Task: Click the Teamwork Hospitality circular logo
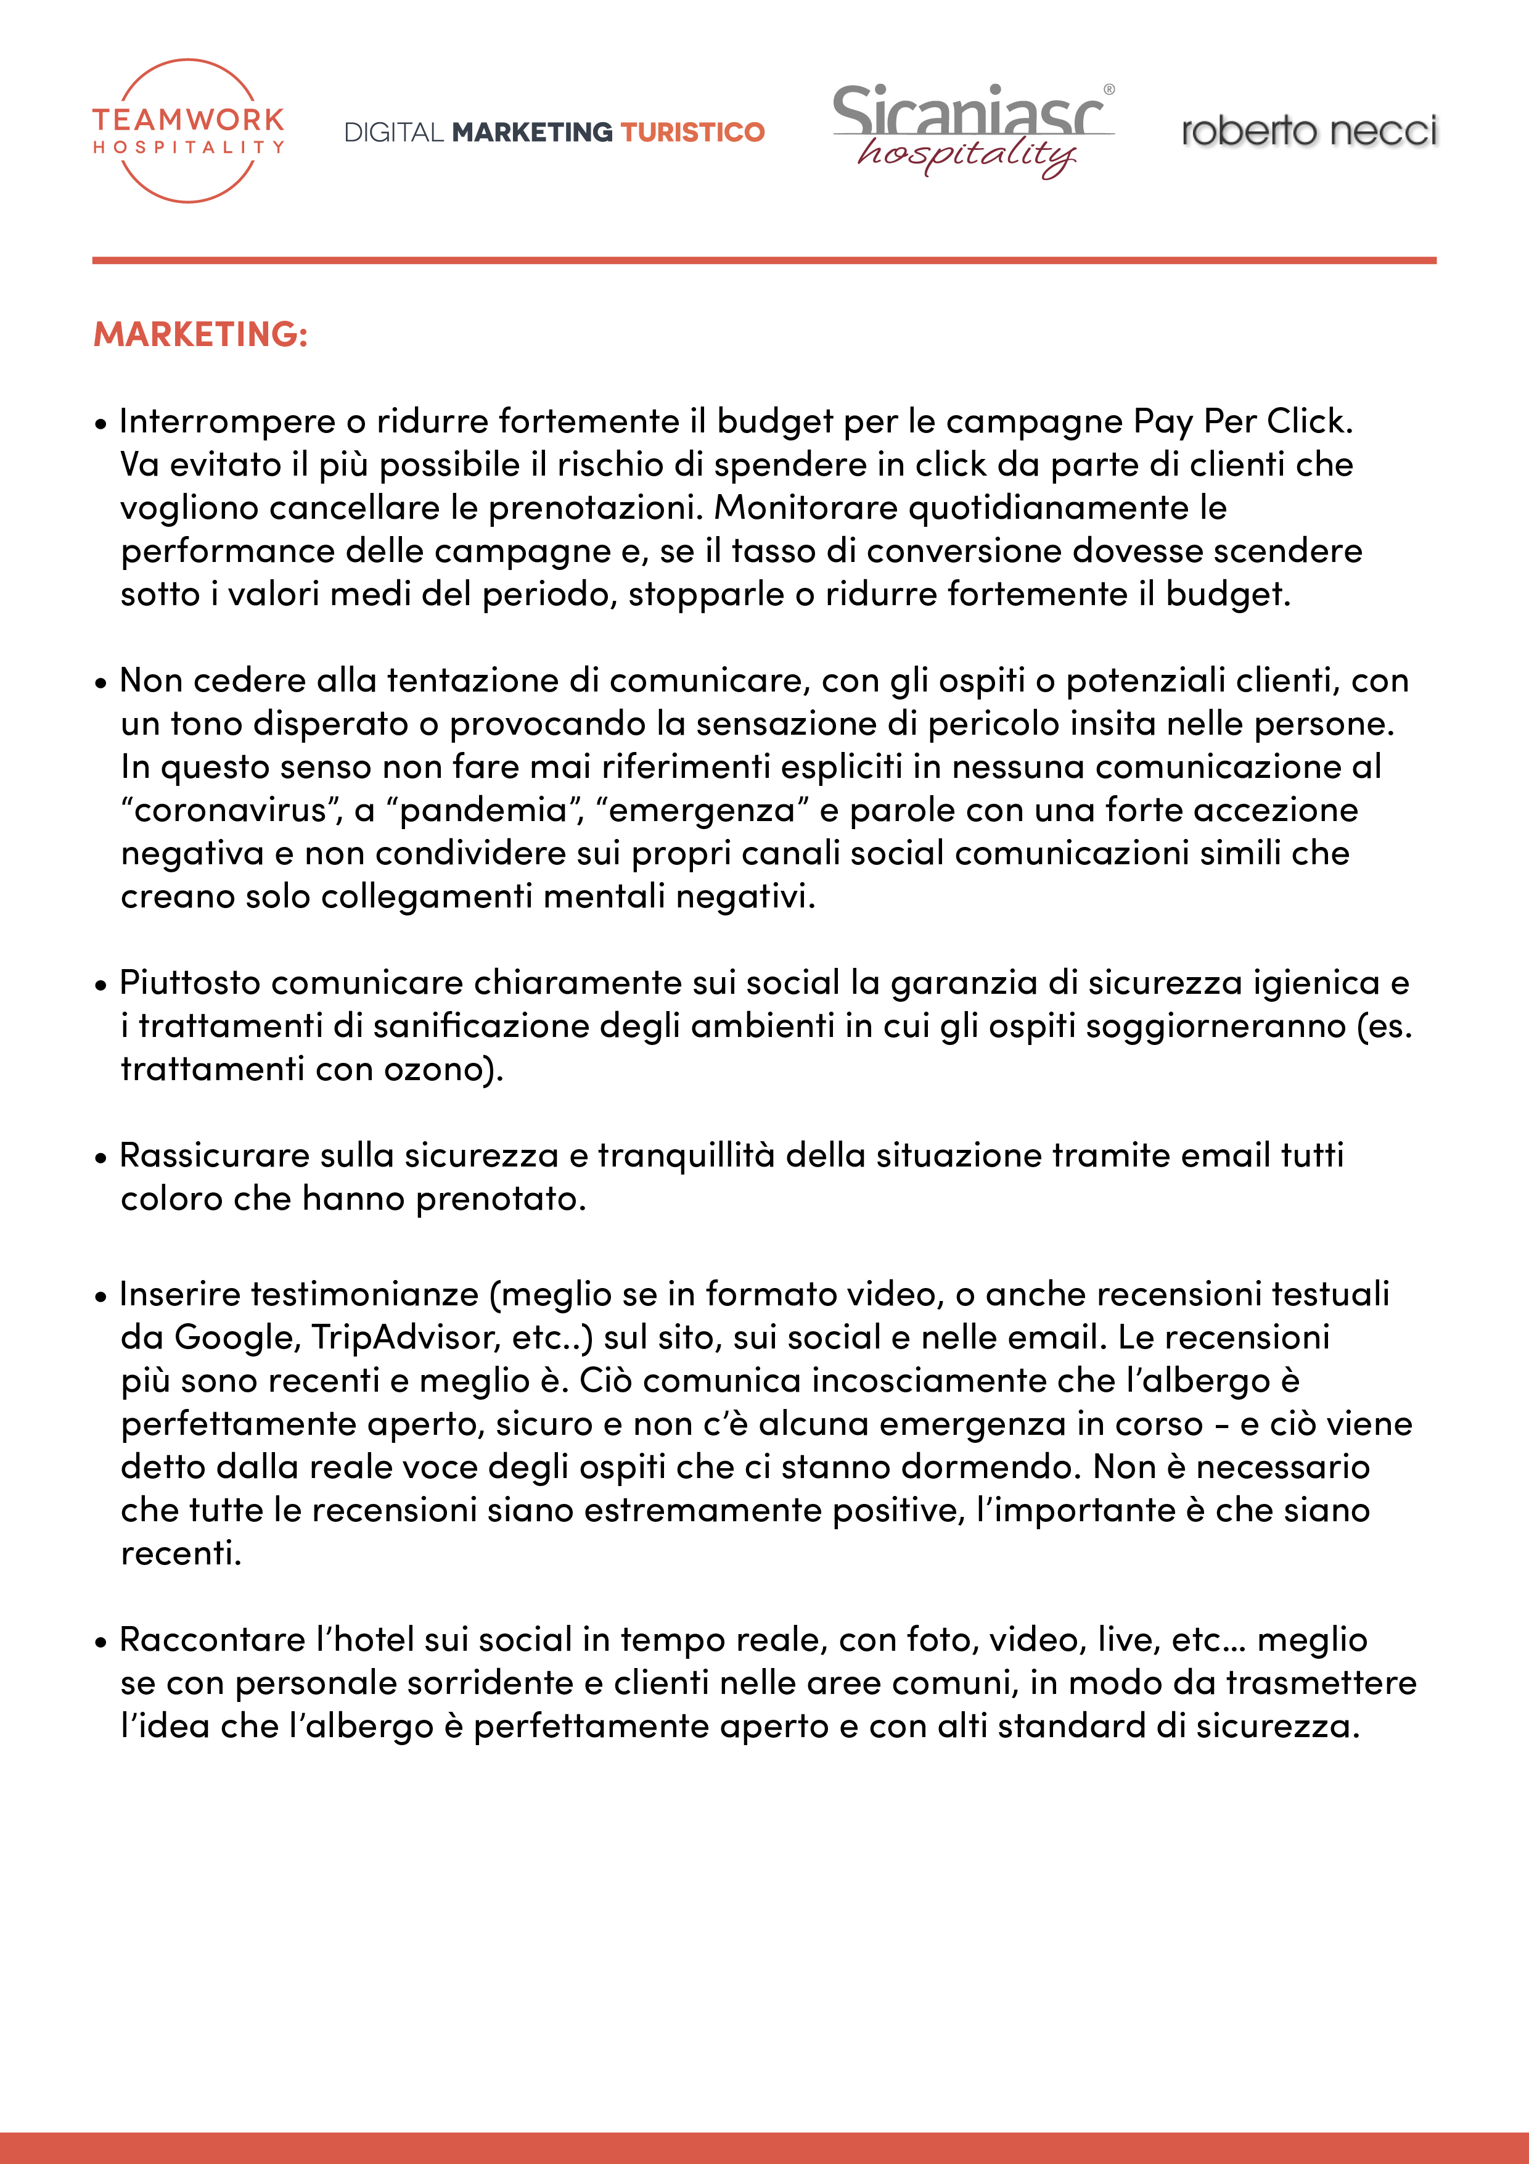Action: point(189,131)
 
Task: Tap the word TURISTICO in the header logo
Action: point(692,132)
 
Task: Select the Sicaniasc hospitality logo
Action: point(972,131)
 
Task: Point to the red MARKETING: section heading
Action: point(200,334)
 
